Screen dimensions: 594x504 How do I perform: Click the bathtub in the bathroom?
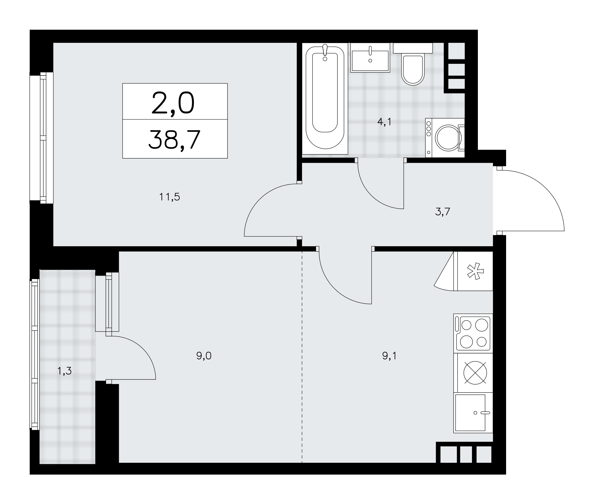(x=325, y=99)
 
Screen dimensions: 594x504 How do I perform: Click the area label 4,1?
(x=384, y=122)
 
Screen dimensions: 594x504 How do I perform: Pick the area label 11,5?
(x=170, y=197)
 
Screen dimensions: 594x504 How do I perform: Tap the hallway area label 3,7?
(x=443, y=212)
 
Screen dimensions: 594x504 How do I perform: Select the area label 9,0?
(x=204, y=356)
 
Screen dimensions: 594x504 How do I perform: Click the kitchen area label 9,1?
(x=389, y=356)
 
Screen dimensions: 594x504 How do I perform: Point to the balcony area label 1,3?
(x=64, y=371)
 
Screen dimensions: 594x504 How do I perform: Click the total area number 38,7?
(x=174, y=139)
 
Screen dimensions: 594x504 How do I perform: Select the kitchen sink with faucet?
(x=473, y=413)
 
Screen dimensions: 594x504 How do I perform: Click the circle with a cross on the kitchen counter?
(x=475, y=373)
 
